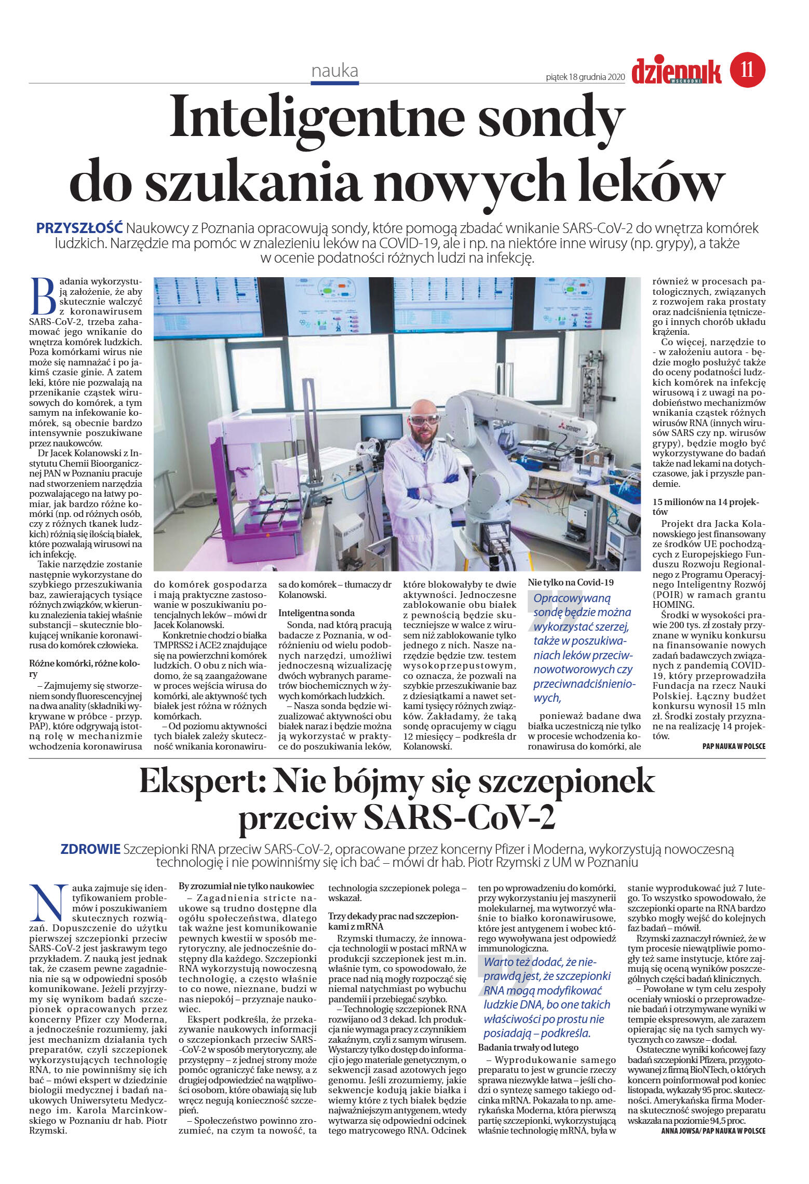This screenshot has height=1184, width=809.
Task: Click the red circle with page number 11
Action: pos(747,70)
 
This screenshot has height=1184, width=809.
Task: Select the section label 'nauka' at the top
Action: pos(334,71)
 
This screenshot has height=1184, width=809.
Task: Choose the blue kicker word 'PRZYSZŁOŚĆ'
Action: pos(79,228)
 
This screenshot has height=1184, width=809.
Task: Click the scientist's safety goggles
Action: pos(424,419)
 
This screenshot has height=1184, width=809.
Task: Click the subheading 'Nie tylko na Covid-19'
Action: pos(570,582)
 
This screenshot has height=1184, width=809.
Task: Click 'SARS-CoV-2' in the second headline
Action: pos(459,818)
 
